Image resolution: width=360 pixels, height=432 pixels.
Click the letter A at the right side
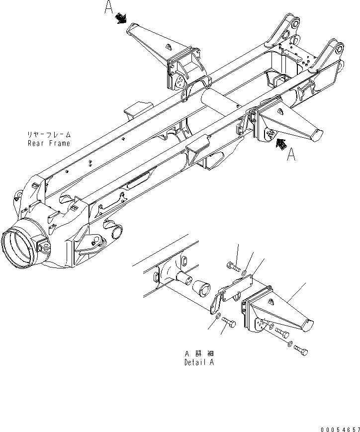[x=292, y=155]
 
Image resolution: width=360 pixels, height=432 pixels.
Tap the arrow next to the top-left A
[x=121, y=19]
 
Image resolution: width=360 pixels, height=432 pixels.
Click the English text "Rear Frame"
[x=49, y=143]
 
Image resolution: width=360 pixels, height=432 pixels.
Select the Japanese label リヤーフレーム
[x=49, y=135]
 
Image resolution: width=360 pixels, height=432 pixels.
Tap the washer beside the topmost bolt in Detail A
[x=244, y=273]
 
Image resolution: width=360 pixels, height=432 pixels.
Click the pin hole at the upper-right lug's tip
[x=340, y=49]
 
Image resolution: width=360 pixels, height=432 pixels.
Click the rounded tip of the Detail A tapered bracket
[x=307, y=326]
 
